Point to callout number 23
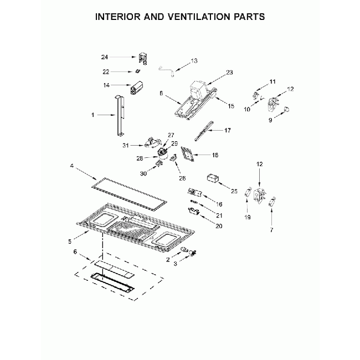229,73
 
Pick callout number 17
227,130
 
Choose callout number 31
126,146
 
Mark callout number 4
72,165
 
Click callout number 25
234,191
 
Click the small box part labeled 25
212,178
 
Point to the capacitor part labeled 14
136,88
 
